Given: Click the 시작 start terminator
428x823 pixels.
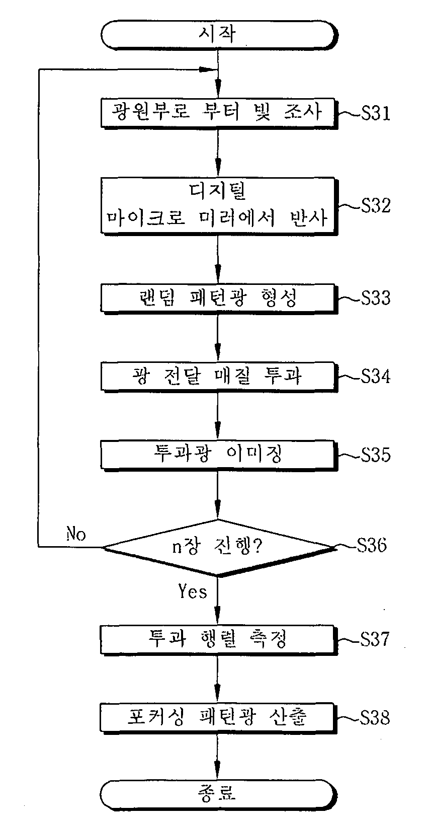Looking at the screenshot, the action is tap(219, 35).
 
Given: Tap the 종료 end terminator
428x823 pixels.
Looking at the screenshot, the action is tap(218, 794).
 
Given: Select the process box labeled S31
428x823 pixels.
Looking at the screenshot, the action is tap(219, 113).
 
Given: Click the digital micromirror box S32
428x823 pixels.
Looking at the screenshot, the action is tap(219, 206).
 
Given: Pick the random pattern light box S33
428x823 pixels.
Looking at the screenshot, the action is tap(219, 298).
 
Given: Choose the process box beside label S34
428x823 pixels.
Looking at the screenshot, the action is tap(219, 377).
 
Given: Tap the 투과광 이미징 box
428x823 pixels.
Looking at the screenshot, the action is tap(219, 456).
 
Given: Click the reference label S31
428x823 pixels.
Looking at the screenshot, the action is tap(375, 114).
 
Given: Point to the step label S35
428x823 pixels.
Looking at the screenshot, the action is tap(375, 455).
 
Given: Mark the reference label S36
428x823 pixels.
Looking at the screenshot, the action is tap(372, 545).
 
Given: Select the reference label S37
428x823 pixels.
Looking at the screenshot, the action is tap(374, 639).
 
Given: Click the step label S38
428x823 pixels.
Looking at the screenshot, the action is tap(374, 718).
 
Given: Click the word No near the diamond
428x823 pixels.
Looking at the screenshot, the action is tap(76, 534).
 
